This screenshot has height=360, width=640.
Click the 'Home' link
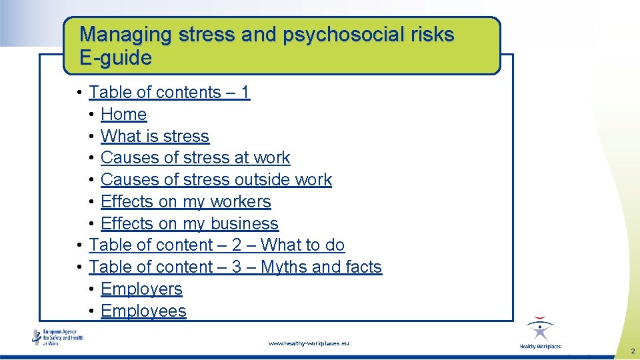point(123,115)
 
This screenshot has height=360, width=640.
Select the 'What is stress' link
point(155,137)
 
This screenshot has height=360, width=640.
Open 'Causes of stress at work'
point(195,158)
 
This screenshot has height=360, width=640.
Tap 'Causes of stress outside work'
point(216,180)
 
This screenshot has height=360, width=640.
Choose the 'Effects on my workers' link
point(185,202)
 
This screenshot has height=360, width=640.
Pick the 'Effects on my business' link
point(189,224)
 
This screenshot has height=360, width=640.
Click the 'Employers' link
point(141,289)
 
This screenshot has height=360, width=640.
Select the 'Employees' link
point(143,311)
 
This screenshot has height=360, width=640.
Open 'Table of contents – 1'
point(169,93)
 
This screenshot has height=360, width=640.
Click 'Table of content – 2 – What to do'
point(217,245)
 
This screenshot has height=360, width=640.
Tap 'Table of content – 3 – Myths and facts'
point(235,267)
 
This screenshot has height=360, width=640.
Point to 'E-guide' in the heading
point(115,58)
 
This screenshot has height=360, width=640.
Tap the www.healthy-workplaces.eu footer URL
point(308,343)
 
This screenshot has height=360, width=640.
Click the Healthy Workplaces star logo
point(540,331)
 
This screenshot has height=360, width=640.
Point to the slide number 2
point(631,351)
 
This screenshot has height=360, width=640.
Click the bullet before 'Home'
point(91,115)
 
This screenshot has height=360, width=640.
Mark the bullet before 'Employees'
point(91,312)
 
